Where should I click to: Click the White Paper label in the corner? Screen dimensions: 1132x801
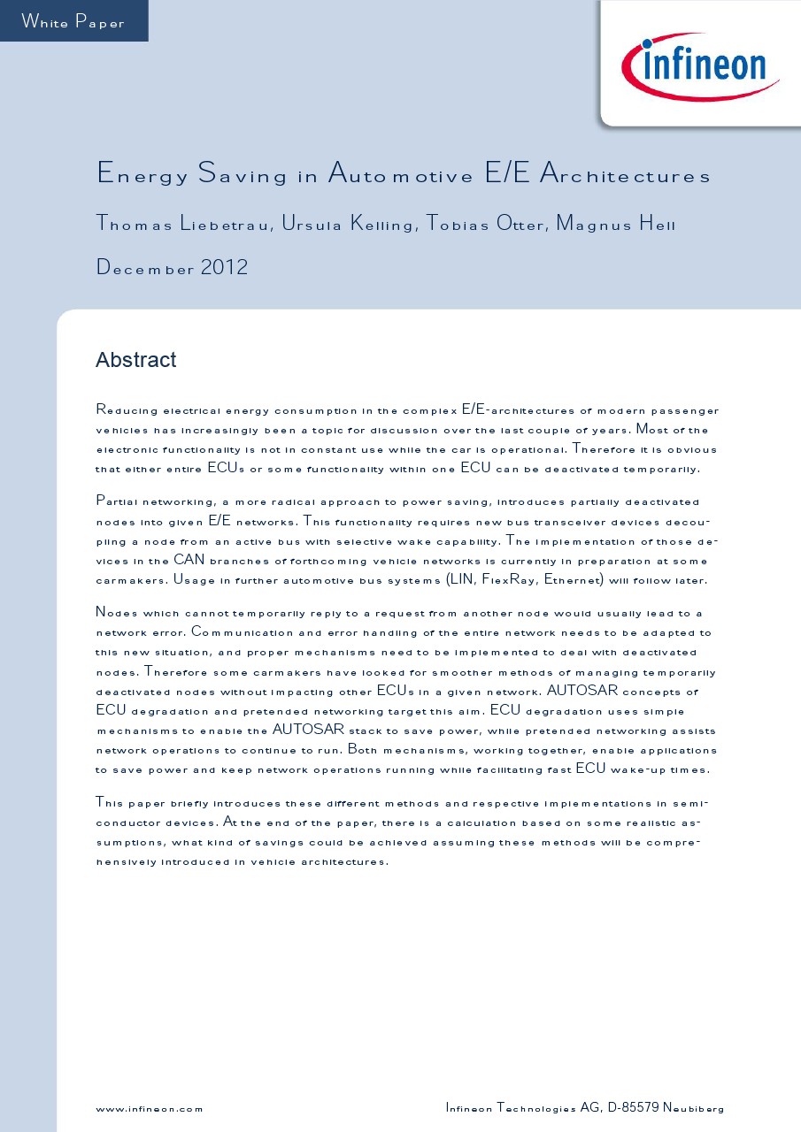tap(73, 22)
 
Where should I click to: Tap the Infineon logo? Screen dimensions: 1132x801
tap(700, 65)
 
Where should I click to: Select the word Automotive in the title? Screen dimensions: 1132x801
tap(401, 174)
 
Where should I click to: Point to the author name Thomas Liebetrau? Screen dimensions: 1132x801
tap(182, 225)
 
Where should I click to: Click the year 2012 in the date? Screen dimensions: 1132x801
tap(224, 267)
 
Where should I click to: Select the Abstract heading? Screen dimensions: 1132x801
tap(135, 360)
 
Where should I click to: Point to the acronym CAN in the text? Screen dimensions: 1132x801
tap(189, 560)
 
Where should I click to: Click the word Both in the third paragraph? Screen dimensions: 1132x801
tap(364, 750)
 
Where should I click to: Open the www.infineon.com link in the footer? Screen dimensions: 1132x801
tap(149, 1109)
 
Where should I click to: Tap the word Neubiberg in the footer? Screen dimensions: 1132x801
tap(693, 1108)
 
